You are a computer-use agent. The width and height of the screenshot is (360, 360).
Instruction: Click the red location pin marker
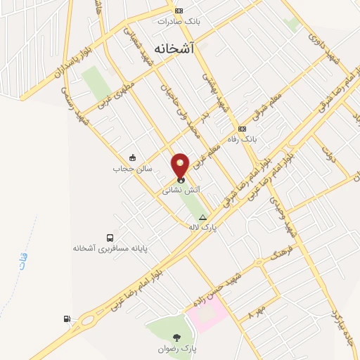click(181, 166)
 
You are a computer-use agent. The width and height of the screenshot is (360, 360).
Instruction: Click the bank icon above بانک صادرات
click(179, 11)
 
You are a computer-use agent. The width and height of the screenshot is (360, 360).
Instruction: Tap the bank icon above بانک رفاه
click(242, 129)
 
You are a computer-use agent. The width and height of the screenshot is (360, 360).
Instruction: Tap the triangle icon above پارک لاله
click(203, 217)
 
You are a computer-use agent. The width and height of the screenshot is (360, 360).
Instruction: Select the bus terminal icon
click(110, 238)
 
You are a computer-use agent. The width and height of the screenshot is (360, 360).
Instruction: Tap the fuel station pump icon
click(67, 319)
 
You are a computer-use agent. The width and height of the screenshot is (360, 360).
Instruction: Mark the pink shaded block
click(207, 312)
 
